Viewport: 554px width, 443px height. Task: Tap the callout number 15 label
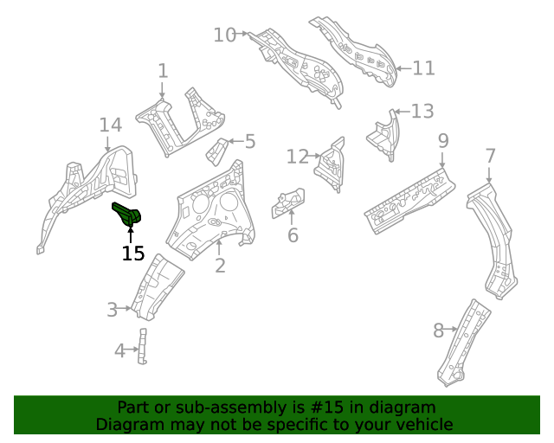(132, 254)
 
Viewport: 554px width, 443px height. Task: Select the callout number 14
(110, 125)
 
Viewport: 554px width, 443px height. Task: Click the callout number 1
(163, 71)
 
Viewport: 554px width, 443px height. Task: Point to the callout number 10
(224, 35)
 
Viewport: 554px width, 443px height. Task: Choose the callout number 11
(423, 68)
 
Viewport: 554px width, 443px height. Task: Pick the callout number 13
(422, 111)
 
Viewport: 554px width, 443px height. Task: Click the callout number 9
(442, 140)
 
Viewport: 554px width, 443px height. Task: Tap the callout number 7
(490, 157)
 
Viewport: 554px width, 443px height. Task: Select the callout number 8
(438, 330)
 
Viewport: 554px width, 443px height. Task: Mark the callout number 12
(297, 157)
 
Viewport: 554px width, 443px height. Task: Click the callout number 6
(293, 235)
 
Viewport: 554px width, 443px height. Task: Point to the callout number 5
(249, 141)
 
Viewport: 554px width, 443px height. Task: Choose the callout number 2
(220, 266)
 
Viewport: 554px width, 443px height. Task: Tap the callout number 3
(112, 310)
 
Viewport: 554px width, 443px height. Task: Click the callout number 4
(120, 350)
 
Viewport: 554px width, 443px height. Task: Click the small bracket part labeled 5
(216, 151)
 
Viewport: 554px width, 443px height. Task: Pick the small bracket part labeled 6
(288, 202)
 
